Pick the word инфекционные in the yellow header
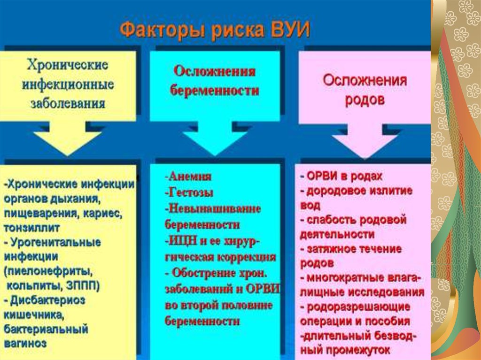(68, 84)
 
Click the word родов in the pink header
(365, 100)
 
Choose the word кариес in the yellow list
(103, 213)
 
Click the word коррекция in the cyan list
(248, 257)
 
